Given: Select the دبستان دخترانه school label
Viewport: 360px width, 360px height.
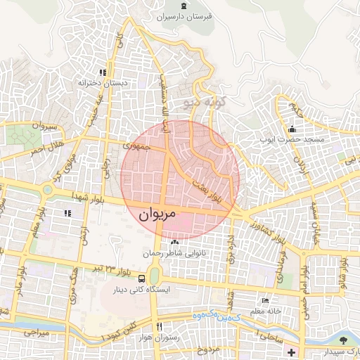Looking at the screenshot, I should [x=104, y=83].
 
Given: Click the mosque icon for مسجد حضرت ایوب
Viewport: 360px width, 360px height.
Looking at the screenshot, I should [x=292, y=129].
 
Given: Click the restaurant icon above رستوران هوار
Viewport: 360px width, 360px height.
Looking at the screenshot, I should [x=159, y=326].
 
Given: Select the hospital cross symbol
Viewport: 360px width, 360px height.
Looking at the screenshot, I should [x=292, y=351].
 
